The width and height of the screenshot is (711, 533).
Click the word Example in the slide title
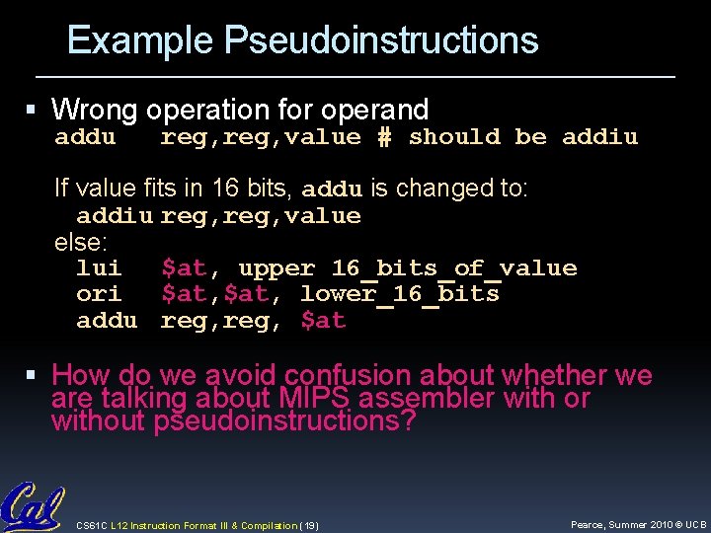140,40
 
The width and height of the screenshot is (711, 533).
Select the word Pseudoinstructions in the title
381,40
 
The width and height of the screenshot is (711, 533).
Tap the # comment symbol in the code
384,137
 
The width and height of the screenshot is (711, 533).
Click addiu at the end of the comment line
599,137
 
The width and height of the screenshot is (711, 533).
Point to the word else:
80,242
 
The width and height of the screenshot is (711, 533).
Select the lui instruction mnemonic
99,268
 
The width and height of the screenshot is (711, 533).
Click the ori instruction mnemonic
99,294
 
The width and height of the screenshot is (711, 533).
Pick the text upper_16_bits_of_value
407,268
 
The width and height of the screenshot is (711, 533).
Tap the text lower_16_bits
399,294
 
